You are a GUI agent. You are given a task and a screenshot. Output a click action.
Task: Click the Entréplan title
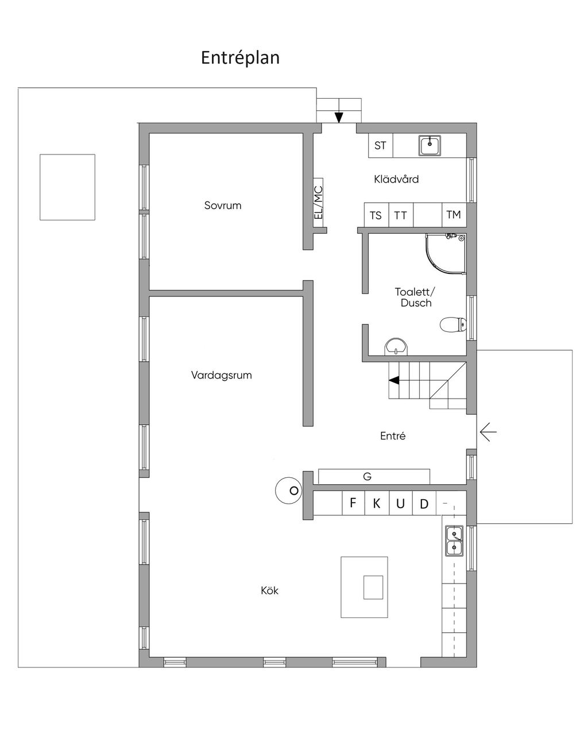(x=240, y=58)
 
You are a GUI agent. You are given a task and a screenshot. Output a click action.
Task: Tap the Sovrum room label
(x=223, y=206)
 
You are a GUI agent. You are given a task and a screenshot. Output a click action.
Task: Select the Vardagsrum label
(x=222, y=375)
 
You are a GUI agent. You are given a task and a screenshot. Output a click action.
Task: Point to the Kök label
(x=269, y=590)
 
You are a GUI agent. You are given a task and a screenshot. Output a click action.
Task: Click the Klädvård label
(x=396, y=179)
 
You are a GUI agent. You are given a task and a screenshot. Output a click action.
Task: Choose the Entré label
(x=393, y=436)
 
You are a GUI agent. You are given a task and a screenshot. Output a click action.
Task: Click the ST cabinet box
(x=381, y=145)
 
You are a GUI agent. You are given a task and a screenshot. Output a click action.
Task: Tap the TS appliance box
(x=376, y=215)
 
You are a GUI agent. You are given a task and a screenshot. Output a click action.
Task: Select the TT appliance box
(x=401, y=215)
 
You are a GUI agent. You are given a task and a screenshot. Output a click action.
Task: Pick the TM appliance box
(x=454, y=215)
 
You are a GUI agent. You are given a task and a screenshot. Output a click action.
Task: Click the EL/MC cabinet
(x=318, y=202)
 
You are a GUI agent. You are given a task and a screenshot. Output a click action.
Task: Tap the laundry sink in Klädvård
(x=430, y=145)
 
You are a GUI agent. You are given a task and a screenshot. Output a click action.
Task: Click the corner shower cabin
(x=446, y=254)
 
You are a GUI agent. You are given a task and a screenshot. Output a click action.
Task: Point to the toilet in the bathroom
(x=453, y=324)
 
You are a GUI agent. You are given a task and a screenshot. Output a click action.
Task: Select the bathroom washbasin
(x=396, y=346)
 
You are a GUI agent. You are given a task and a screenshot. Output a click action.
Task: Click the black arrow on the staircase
(x=394, y=380)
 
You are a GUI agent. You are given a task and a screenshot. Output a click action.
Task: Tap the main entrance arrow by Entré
(x=488, y=432)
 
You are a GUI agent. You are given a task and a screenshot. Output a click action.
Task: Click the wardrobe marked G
(x=374, y=476)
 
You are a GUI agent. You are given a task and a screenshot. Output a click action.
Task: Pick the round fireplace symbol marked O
(x=289, y=490)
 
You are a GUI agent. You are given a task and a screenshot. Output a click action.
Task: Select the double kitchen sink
(x=454, y=541)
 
